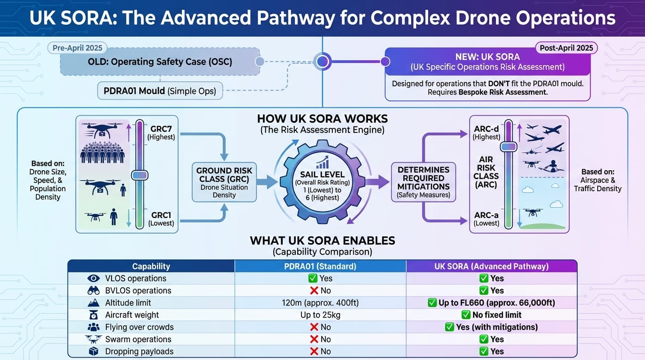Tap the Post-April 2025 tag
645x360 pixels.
[566, 48]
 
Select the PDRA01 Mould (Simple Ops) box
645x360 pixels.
[160, 90]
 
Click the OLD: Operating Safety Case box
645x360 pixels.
[160, 61]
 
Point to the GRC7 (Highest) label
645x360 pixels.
[161, 133]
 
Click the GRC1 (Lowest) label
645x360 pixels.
[161, 219]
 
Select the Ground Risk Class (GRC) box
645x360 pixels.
[224, 182]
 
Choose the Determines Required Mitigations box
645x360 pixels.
[423, 182]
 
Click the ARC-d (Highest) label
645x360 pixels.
[486, 132]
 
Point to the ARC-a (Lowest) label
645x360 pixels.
[486, 219]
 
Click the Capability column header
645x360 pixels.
[151, 266]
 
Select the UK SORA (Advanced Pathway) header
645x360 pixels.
[491, 266]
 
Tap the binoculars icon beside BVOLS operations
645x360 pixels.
[94, 291]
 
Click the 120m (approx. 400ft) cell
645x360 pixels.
[320, 303]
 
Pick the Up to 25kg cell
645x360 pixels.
[320, 315]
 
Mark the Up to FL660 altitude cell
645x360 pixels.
[491, 303]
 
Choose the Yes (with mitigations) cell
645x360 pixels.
[491, 327]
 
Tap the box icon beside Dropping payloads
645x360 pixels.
[94, 352]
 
